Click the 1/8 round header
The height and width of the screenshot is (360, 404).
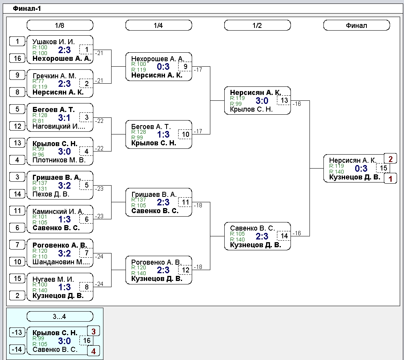coord(60,25)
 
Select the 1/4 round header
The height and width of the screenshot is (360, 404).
coord(158,25)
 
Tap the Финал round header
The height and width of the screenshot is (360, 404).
coord(356,25)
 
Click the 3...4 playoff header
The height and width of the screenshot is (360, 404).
coord(60,316)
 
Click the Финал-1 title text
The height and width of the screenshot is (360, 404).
coord(27,9)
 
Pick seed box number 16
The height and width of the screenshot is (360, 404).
coord(17,58)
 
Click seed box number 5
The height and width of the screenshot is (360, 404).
coord(17,109)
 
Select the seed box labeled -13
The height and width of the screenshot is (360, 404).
coord(17,332)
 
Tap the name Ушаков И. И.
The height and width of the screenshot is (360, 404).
coord(53,42)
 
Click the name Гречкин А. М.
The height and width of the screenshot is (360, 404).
coord(54,76)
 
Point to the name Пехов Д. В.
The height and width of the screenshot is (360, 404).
coord(51,194)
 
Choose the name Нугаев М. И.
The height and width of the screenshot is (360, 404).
coord(53,279)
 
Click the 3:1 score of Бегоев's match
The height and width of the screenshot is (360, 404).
coord(64,118)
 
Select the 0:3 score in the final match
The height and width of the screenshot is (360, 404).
coord(361,169)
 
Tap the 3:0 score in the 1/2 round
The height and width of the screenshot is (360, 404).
coord(262,101)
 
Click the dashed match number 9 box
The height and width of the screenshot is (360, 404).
coord(185,67)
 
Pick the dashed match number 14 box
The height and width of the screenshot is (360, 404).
coord(284,236)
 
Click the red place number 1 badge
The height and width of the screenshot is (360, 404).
coord(390,178)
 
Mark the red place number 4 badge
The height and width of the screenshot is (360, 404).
coord(93,351)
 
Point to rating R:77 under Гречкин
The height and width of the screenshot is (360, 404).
coord(38,81)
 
